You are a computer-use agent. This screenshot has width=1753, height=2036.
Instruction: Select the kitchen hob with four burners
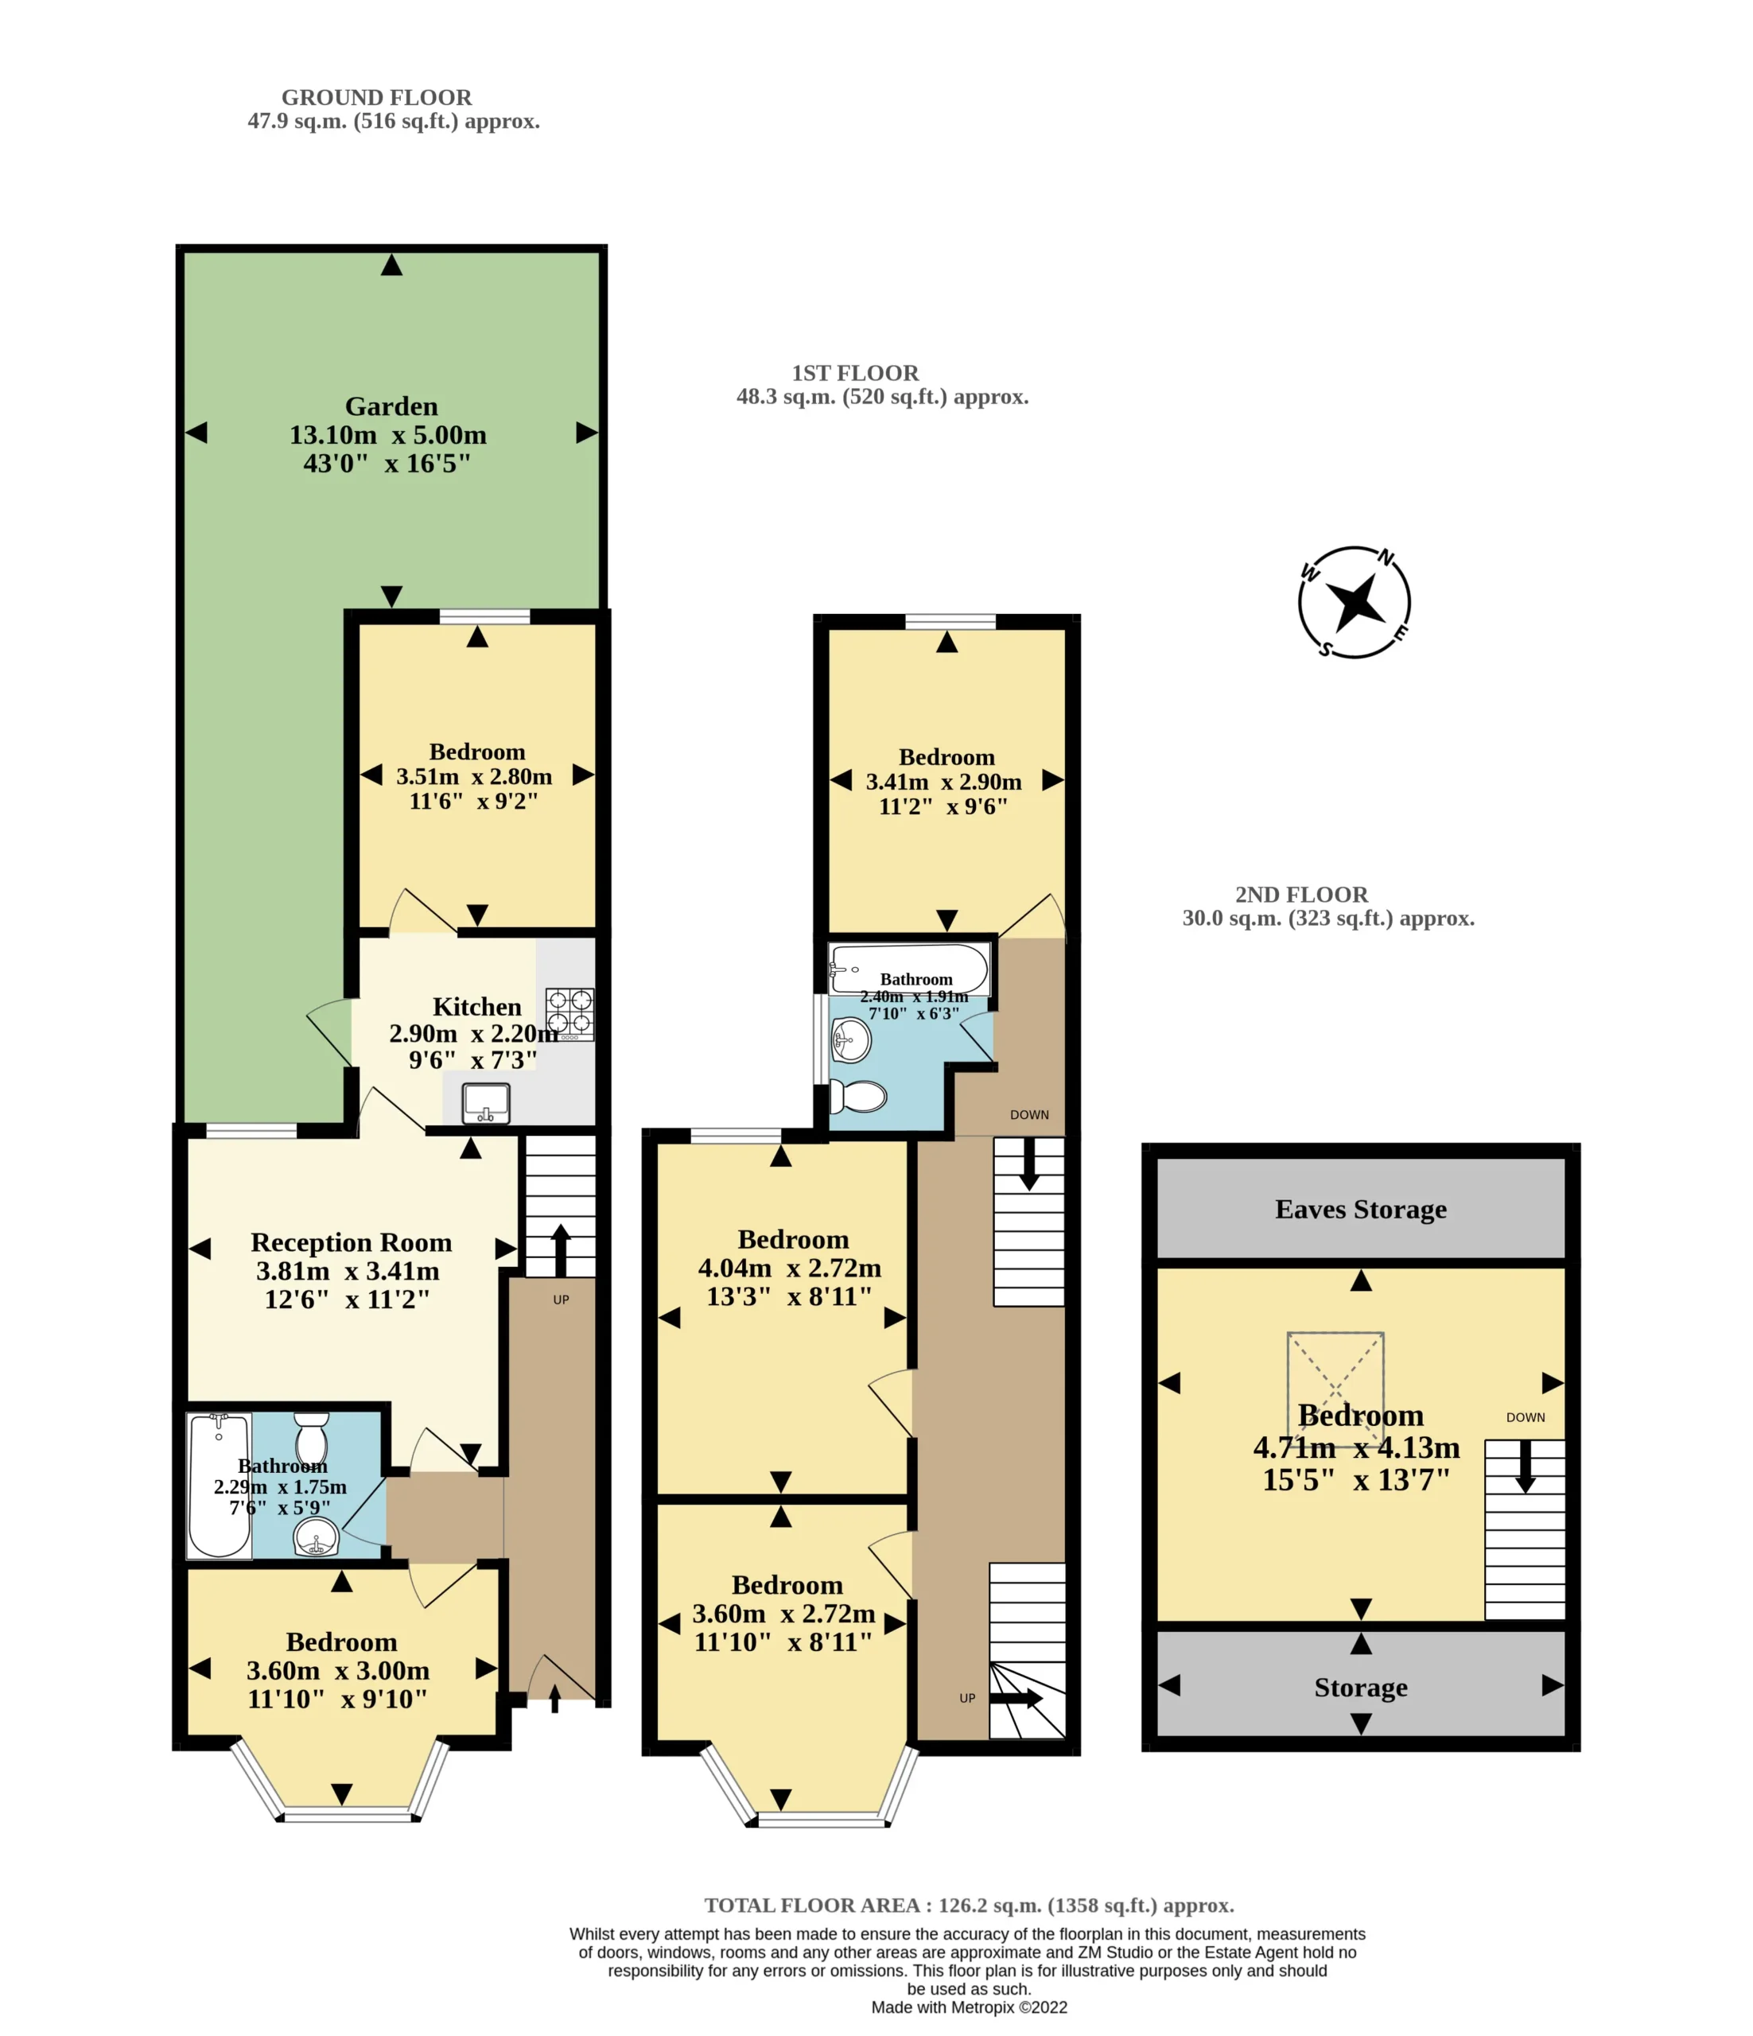(x=570, y=1014)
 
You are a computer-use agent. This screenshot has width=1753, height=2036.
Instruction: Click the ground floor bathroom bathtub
(x=220, y=1485)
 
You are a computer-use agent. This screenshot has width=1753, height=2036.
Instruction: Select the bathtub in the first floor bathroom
(x=909, y=969)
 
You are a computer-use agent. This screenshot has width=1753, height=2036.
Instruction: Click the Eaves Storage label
(x=1361, y=1210)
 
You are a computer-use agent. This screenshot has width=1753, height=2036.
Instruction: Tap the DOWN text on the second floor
(x=1525, y=1417)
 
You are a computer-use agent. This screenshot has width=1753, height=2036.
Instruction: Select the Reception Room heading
(x=351, y=1243)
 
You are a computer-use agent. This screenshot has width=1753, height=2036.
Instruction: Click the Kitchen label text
(x=476, y=1007)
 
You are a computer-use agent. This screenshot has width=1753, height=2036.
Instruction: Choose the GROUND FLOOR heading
(x=376, y=97)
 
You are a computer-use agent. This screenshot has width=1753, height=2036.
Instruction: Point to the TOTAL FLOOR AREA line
(x=969, y=1906)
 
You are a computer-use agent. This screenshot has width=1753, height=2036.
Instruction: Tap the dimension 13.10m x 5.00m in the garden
(x=388, y=434)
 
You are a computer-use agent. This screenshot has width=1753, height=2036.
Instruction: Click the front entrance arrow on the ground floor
(x=555, y=1699)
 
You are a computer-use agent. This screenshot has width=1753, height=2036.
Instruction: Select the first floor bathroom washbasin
(x=851, y=1039)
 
